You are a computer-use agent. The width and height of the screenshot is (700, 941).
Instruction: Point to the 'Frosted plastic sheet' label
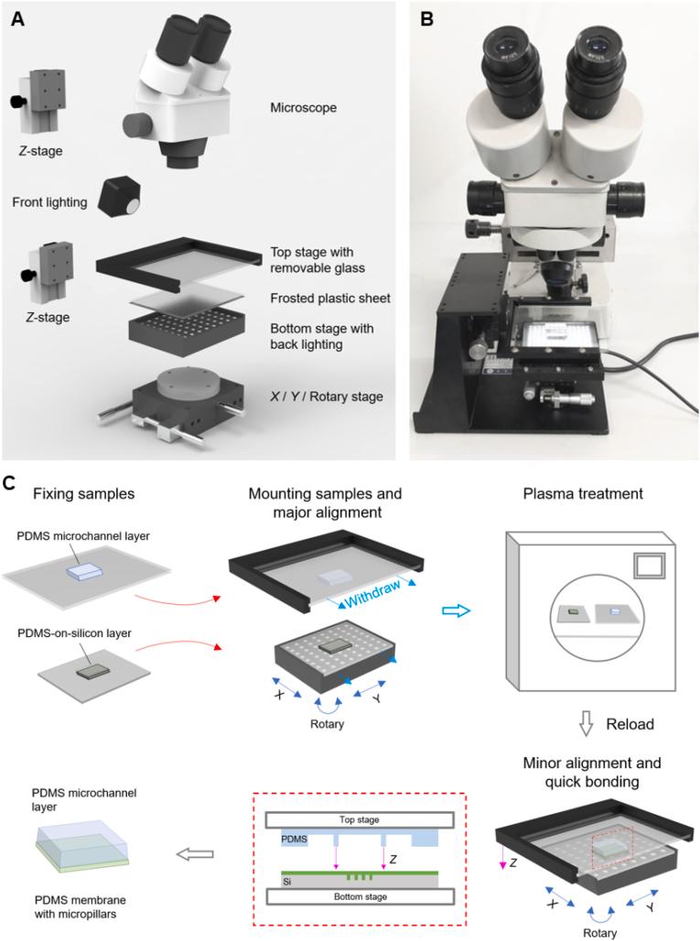pos(331,297)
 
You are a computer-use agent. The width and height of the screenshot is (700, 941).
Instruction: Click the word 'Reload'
pos(630,724)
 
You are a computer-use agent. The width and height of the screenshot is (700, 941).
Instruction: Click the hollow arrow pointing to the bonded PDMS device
pos(195,854)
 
